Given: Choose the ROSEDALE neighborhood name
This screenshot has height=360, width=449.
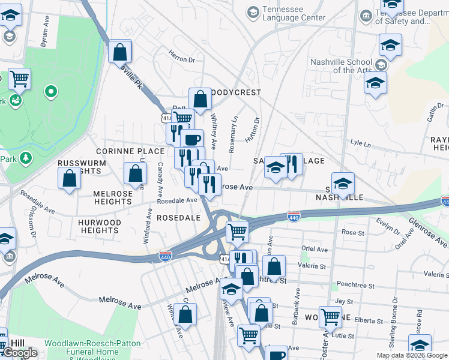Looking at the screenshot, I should (178, 218).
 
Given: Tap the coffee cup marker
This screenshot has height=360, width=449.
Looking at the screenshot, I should (191, 140).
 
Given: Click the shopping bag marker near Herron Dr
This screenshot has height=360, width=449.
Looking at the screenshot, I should (120, 52).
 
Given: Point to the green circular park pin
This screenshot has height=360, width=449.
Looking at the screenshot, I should (51, 92).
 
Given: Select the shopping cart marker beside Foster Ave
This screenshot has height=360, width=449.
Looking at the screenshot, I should (330, 316).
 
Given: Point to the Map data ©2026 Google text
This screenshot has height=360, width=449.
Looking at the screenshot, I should (412, 355).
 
